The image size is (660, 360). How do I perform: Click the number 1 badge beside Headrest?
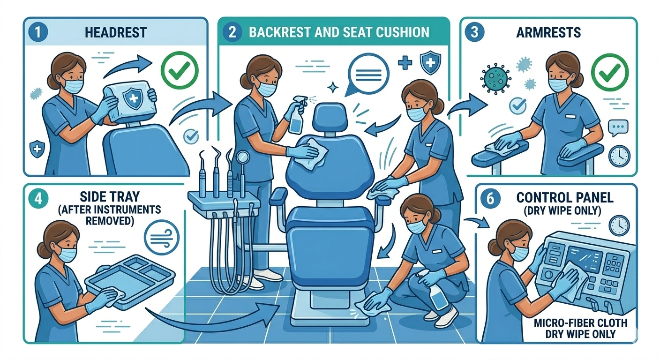[38, 32]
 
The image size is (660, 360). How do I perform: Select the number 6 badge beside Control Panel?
[490, 199]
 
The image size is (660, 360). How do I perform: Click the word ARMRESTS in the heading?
[548, 32]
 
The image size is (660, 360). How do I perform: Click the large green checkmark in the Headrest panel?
[180, 70]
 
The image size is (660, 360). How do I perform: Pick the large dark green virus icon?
[496, 79]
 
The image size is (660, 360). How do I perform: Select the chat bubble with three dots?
[618, 128]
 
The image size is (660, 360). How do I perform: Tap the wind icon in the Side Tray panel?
[162, 238]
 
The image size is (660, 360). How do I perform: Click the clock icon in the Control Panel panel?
[619, 225]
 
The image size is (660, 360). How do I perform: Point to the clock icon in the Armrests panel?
[619, 156]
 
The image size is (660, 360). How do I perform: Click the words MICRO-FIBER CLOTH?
[580, 323]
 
